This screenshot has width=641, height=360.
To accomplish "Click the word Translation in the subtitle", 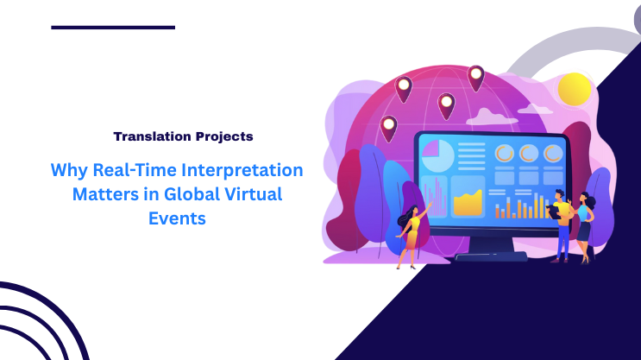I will point(150,136).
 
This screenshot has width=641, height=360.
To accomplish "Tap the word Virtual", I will point(253,194).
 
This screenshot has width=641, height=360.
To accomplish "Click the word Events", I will point(178,218).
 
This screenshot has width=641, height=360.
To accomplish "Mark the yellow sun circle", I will point(575,89).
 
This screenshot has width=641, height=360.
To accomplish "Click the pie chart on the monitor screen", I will point(437,156).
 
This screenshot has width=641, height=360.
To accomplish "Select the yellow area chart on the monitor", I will point(468,201).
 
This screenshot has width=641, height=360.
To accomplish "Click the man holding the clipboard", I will point(562,223).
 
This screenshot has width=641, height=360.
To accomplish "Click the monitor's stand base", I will point(490,256).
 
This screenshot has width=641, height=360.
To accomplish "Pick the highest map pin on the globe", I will point(475,77).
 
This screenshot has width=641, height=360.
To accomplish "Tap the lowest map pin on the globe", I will point(389,128).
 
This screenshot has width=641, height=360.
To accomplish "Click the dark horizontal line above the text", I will point(113,28).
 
